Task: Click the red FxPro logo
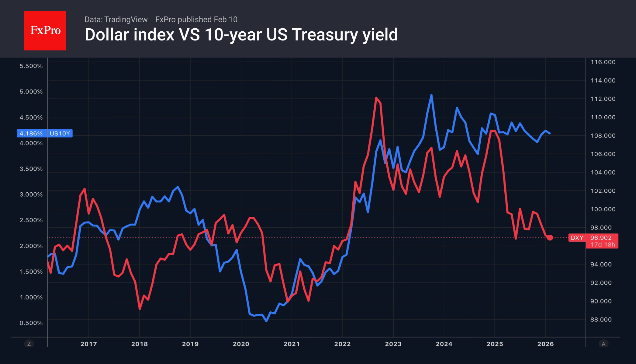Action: (x=45, y=30)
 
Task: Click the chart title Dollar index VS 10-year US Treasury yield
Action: (x=241, y=35)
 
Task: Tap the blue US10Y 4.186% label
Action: (x=45, y=133)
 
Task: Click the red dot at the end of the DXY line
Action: (x=550, y=238)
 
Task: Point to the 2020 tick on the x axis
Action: (x=241, y=344)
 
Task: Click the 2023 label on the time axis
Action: (x=393, y=344)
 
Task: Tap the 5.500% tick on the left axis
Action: (x=31, y=66)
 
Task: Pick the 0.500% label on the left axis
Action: (x=31, y=323)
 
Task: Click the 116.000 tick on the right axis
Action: (x=603, y=62)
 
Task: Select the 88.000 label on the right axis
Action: (x=601, y=320)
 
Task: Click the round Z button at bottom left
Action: (x=29, y=344)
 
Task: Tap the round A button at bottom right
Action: (x=603, y=344)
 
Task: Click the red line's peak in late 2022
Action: (x=376, y=98)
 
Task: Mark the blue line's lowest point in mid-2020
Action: (x=266, y=321)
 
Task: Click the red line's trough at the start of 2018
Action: (x=140, y=309)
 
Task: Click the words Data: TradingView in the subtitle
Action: (x=116, y=19)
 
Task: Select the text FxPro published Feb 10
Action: (x=196, y=19)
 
